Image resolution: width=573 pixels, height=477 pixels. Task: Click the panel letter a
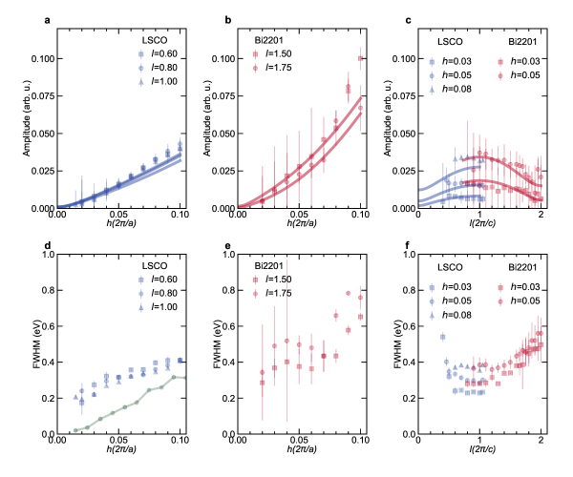click(x=46, y=20)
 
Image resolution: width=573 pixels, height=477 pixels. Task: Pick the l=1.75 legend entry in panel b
click(x=275, y=69)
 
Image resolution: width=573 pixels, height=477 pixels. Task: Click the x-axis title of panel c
click(x=479, y=225)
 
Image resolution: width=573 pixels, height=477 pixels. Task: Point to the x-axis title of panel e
click(x=299, y=451)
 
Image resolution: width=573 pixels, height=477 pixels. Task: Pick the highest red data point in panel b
click(x=361, y=57)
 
